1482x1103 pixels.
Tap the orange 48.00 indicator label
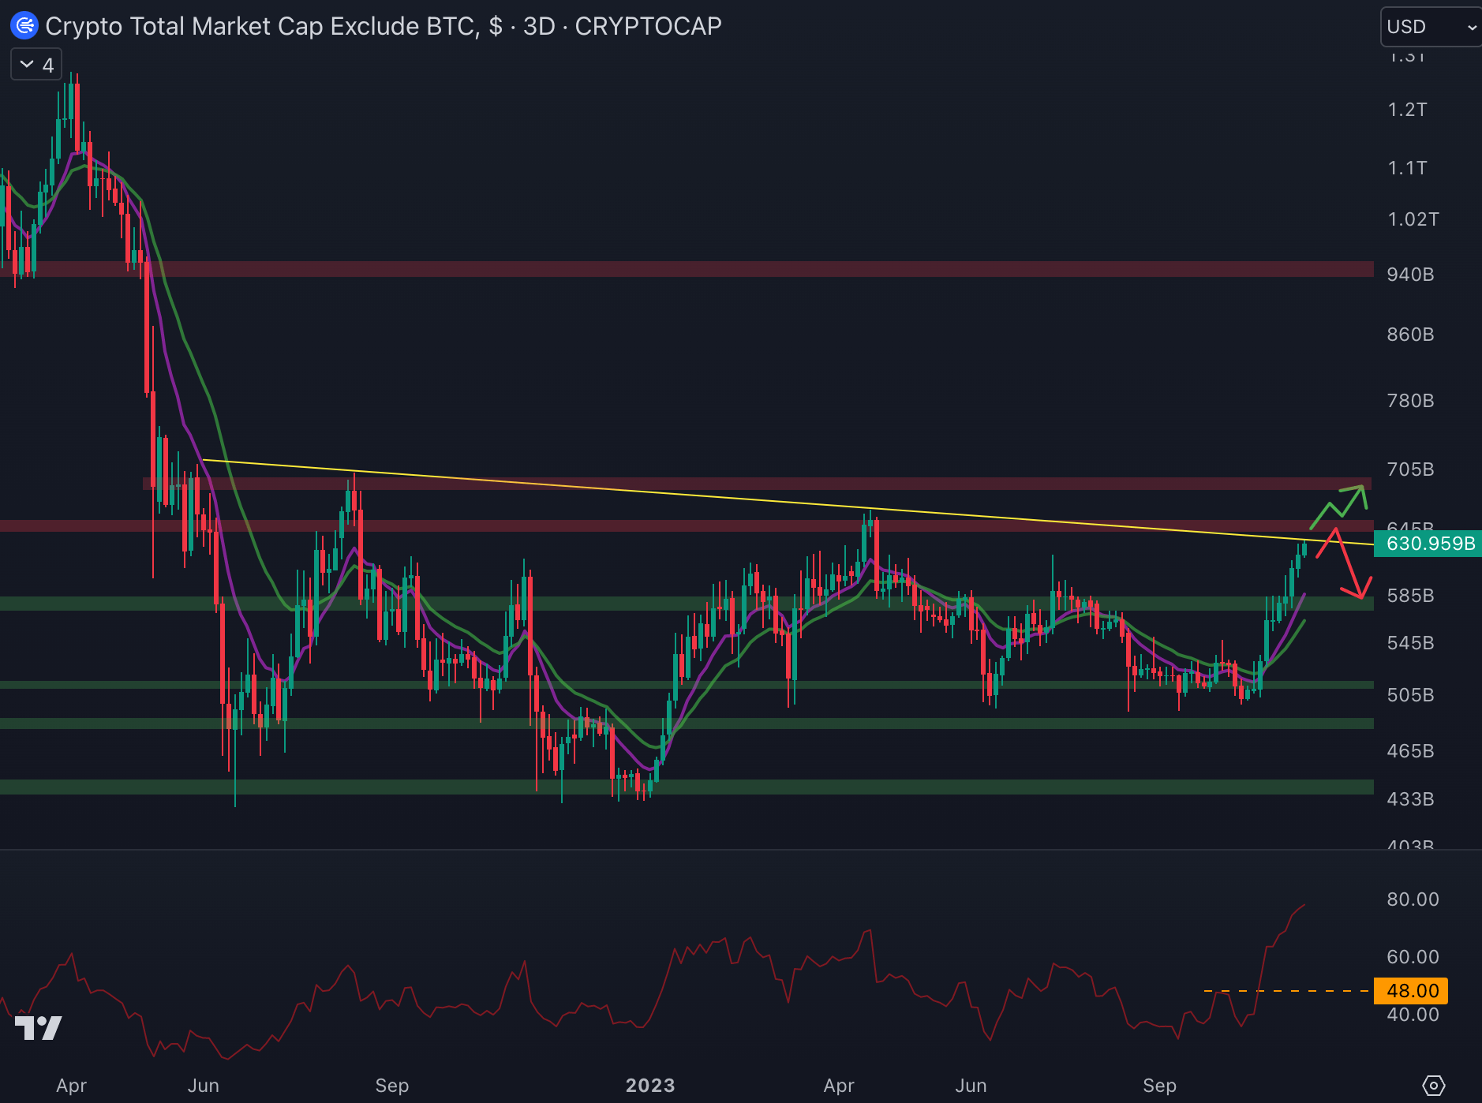pos(1412,991)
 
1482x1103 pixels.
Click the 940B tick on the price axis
pos(1410,275)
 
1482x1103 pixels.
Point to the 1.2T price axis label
pos(1407,110)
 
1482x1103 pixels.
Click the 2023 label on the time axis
pos(649,1086)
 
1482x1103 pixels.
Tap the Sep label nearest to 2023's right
pos(1159,1086)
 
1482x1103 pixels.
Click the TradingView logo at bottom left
pos(38,1027)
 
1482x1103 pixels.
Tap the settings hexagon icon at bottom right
pos(1433,1086)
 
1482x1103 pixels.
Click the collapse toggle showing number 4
pos(36,65)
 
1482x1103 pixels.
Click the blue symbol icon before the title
pos(24,26)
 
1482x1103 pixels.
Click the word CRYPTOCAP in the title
pos(648,26)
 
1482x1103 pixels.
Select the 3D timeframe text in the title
pos(539,26)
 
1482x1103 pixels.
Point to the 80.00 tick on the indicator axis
pos(1413,899)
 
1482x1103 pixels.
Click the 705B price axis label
pos(1410,469)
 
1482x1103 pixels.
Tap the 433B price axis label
pos(1410,799)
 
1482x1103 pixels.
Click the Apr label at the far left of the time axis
pos(71,1086)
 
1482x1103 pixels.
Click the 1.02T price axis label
pos(1413,219)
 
